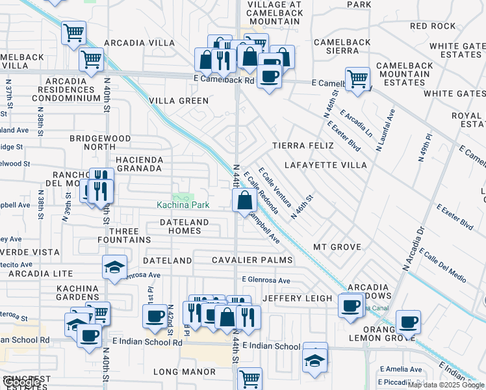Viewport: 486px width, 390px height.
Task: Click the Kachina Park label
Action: (x=183, y=205)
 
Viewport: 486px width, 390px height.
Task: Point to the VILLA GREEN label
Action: (x=179, y=101)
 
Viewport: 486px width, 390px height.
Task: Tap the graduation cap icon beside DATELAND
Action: (x=114, y=268)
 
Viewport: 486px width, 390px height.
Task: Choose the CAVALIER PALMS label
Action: (x=252, y=261)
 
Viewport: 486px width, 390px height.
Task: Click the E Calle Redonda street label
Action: (x=262, y=193)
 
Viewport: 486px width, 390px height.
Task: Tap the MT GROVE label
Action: (x=337, y=247)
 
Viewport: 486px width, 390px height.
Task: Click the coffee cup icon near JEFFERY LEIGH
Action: (x=351, y=305)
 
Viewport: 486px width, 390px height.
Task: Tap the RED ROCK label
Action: (x=433, y=26)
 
